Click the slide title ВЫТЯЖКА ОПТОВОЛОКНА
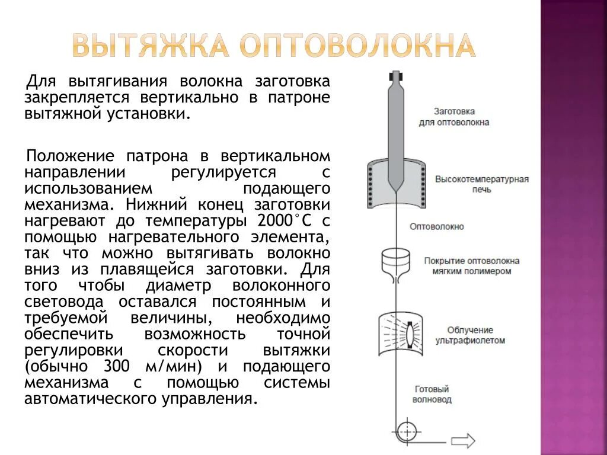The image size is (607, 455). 273,46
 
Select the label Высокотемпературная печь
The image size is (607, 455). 481,184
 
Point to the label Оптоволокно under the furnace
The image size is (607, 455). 437,226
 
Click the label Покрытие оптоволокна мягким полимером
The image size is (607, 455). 472,265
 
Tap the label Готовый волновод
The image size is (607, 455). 432,395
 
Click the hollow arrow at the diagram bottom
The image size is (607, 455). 463,441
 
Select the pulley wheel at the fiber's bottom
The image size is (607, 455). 407,430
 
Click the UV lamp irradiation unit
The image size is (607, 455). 401,334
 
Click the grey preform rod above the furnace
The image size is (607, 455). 395,124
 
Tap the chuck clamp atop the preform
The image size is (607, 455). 395,77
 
